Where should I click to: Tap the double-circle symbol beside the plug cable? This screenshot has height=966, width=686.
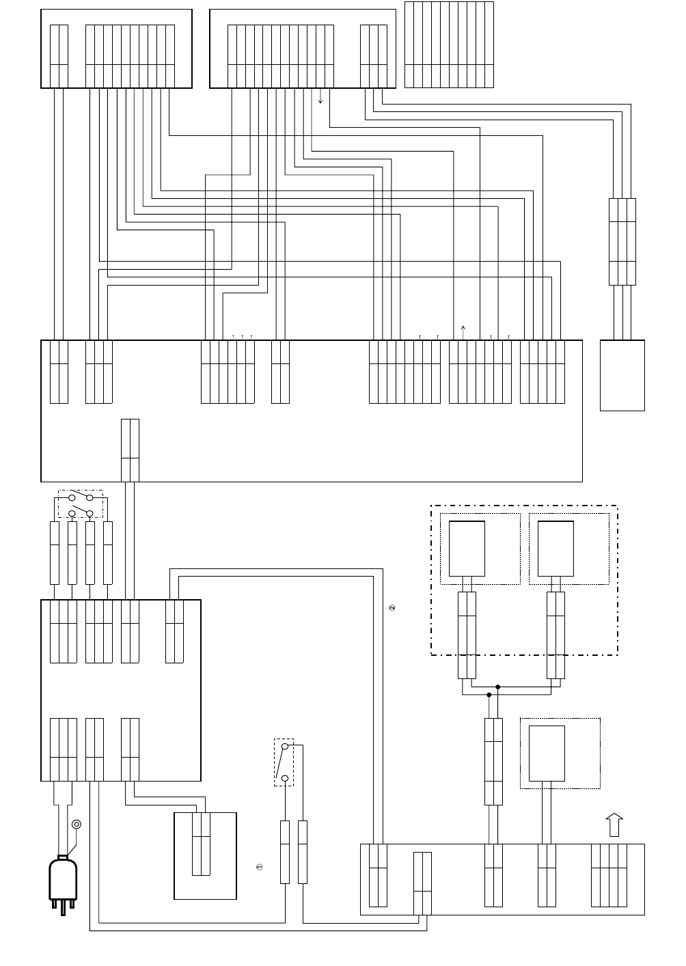77,824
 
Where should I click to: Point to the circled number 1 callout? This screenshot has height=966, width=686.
260,867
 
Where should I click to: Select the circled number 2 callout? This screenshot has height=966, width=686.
392,607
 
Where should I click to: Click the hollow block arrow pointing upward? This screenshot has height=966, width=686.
614,825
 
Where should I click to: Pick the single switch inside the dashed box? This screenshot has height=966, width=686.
284,762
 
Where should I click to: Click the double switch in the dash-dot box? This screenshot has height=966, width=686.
81,504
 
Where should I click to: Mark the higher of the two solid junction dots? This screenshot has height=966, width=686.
498,687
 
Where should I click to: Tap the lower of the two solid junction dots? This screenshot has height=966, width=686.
489,695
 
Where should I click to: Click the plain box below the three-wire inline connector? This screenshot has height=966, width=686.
622,375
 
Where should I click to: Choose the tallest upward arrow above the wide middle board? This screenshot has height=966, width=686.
463,331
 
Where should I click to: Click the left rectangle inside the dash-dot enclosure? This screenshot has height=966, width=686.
467,549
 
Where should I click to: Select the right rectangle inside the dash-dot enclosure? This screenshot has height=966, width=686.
555,549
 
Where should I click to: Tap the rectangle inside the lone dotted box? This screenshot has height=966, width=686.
547,753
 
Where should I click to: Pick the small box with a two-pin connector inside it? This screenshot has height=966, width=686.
205,855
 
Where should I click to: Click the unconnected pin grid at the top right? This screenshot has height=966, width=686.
449,44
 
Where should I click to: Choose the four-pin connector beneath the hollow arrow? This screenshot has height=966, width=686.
609,875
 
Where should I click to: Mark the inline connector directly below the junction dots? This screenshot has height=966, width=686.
493,761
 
